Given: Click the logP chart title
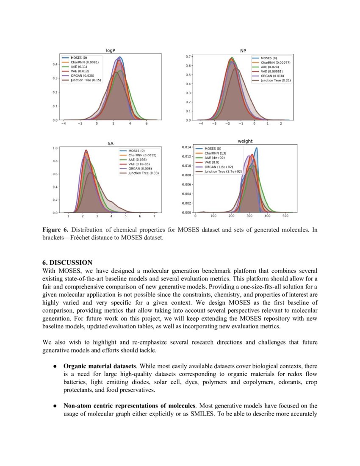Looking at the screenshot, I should pyautogui.click(x=111, y=50).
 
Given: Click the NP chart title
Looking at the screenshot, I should pyautogui.click(x=243, y=50).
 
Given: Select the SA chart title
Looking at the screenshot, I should pyautogui.click(x=111, y=144).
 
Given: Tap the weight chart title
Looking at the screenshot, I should pyautogui.click(x=245, y=141).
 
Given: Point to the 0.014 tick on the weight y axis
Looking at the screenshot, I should pyautogui.click(x=187, y=147).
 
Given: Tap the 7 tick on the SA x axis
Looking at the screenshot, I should pyautogui.click(x=154, y=216).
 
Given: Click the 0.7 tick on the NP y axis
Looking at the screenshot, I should pyautogui.click(x=187, y=56).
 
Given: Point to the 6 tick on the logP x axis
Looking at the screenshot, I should pyautogui.click(x=147, y=124).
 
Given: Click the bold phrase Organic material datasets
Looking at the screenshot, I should pyautogui.click(x=100, y=366).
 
